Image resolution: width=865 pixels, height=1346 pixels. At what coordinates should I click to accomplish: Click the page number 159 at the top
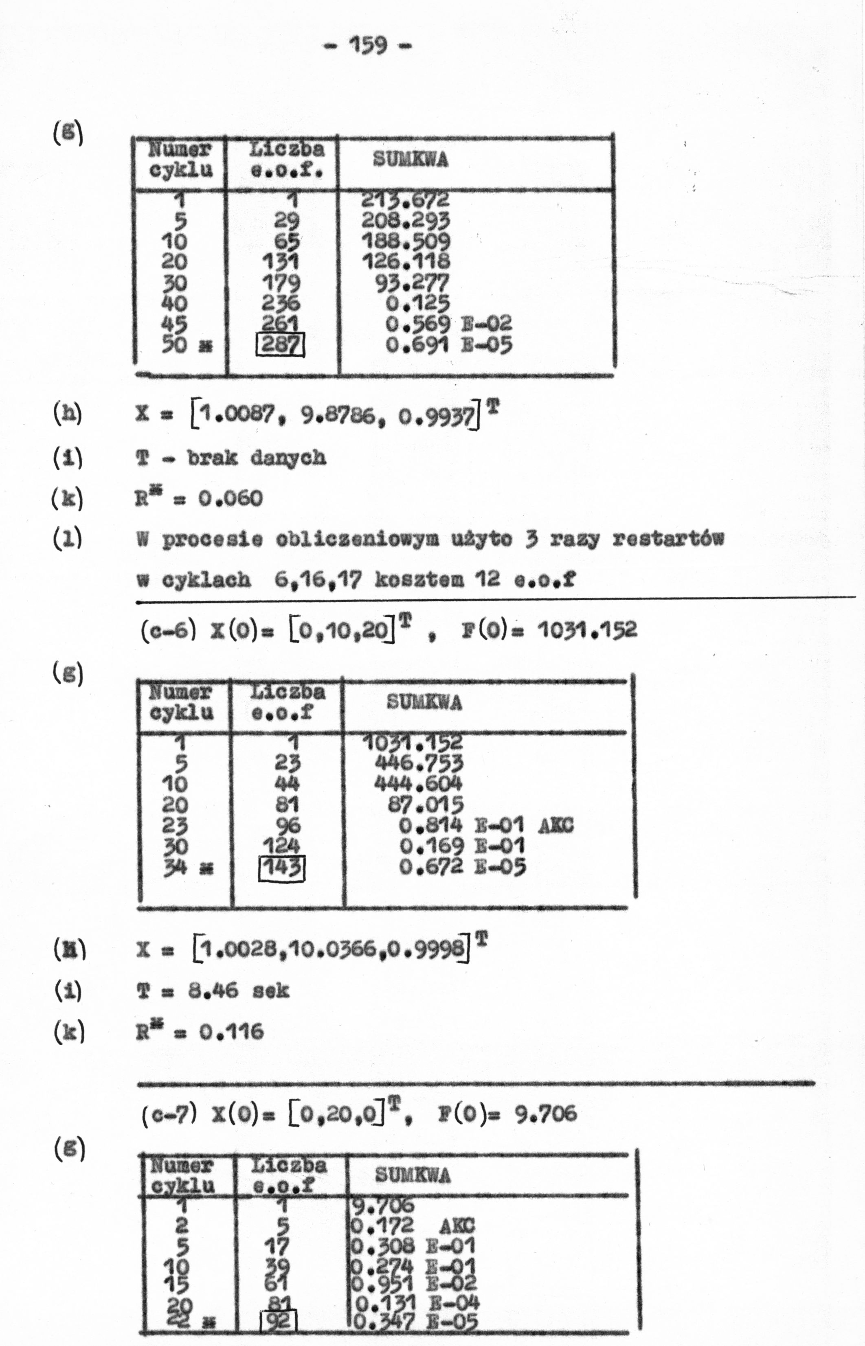pyautogui.click(x=369, y=44)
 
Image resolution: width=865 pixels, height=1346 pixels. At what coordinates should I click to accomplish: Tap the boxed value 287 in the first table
pyautogui.click(x=280, y=344)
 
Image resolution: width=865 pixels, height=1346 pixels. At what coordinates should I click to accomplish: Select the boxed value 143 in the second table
pyautogui.click(x=282, y=868)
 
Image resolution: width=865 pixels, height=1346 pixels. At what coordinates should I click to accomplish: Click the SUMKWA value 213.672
pyautogui.click(x=404, y=200)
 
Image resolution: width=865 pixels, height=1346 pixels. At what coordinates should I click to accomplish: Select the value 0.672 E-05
pyautogui.click(x=462, y=868)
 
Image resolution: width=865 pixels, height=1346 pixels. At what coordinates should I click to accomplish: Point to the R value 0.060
pyautogui.click(x=230, y=498)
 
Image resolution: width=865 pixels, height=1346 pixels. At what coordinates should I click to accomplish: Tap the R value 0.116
pyautogui.click(x=231, y=1031)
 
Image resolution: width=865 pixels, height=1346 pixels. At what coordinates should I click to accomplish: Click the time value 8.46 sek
pyautogui.click(x=238, y=990)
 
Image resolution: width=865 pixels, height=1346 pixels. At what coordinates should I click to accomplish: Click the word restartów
pyautogui.click(x=668, y=539)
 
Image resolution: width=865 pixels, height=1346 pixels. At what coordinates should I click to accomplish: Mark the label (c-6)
pyautogui.click(x=169, y=629)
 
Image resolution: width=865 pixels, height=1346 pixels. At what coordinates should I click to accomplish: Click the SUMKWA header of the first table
pyautogui.click(x=410, y=160)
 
